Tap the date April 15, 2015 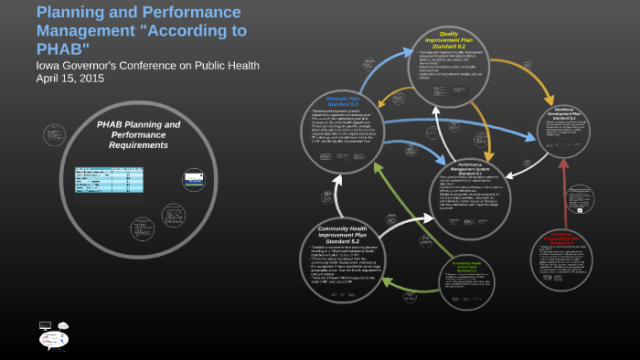(70, 79)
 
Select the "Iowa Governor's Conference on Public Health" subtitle (147, 65)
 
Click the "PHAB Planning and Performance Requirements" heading (139, 134)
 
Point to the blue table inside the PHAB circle (110, 180)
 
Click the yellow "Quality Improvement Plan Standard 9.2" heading (449, 38)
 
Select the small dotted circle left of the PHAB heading (54, 135)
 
